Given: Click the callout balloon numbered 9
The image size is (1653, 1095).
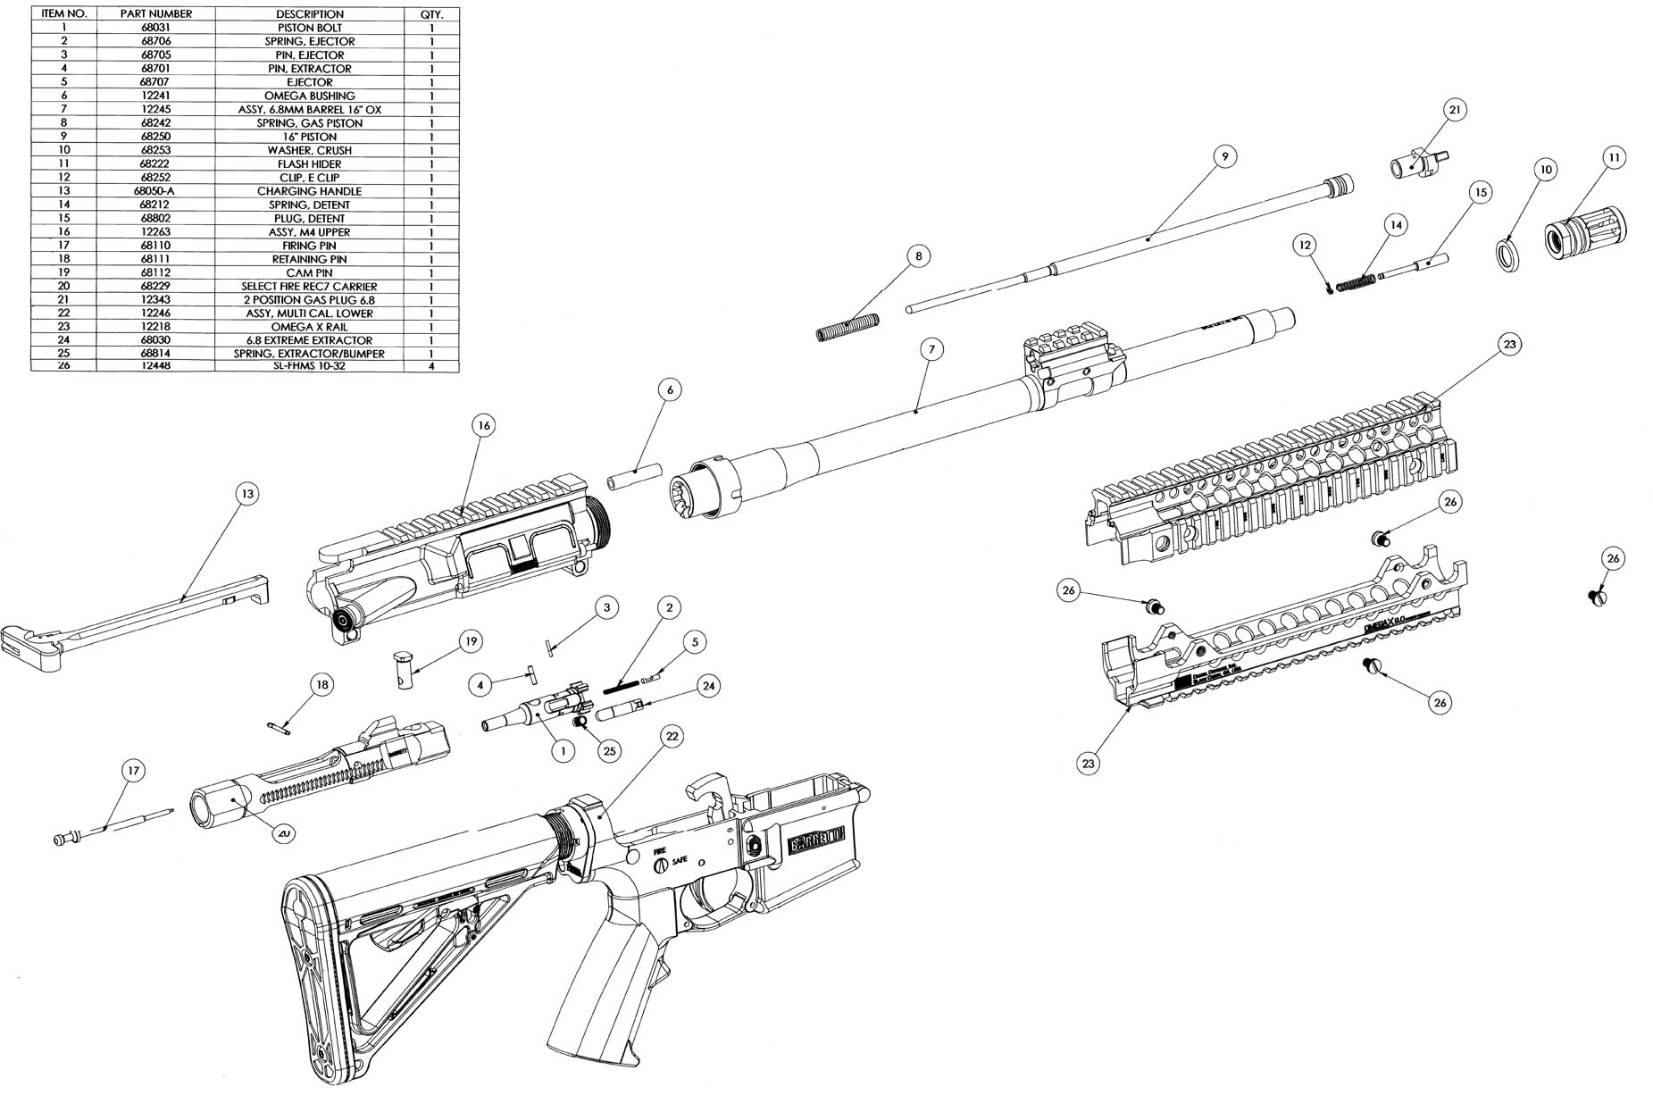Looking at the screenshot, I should pyautogui.click(x=1224, y=155).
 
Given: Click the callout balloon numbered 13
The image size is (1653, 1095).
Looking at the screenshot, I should pyautogui.click(x=247, y=494).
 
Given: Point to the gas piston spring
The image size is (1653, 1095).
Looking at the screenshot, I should pyautogui.click(x=848, y=327).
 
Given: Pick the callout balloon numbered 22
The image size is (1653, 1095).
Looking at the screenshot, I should pyautogui.click(x=672, y=736).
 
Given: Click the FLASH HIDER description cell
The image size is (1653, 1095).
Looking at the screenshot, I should pyautogui.click(x=309, y=164).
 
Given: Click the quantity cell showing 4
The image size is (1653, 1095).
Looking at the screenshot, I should pyautogui.click(x=432, y=366).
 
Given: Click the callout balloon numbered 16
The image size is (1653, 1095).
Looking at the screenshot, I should pyautogui.click(x=483, y=426).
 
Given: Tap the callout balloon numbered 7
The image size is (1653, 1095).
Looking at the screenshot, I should pyautogui.click(x=931, y=348).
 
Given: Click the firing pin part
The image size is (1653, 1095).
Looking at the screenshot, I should pyautogui.click(x=112, y=826).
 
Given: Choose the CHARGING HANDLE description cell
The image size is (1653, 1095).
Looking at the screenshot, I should pyautogui.click(x=309, y=191).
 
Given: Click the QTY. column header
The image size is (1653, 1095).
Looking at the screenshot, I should pyautogui.click(x=432, y=14).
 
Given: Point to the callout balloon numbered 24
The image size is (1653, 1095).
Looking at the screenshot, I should pyautogui.click(x=708, y=685).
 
